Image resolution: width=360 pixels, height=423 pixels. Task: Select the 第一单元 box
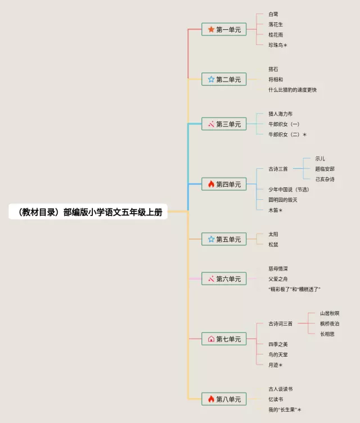(224, 29)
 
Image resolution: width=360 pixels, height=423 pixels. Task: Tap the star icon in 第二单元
(211, 79)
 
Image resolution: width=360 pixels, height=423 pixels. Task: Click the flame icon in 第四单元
(211, 184)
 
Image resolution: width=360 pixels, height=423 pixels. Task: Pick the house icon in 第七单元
(211, 339)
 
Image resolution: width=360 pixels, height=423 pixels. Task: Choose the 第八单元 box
(224, 399)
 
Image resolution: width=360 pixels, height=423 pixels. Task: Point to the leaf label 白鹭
(273, 13)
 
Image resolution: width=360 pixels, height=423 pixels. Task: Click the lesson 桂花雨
(276, 34)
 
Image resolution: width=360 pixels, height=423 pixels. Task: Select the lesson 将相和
(276, 79)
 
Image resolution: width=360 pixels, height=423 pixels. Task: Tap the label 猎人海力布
(280, 114)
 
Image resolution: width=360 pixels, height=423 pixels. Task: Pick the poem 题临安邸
(325, 169)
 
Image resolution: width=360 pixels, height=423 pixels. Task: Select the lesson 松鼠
(273, 244)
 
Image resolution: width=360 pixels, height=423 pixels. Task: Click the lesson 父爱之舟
(278, 278)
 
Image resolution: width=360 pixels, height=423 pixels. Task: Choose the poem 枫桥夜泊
(330, 323)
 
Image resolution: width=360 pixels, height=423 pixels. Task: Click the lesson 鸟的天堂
(278, 354)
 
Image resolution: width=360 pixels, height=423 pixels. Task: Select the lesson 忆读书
(276, 399)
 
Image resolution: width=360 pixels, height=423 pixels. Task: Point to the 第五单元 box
(224, 239)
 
